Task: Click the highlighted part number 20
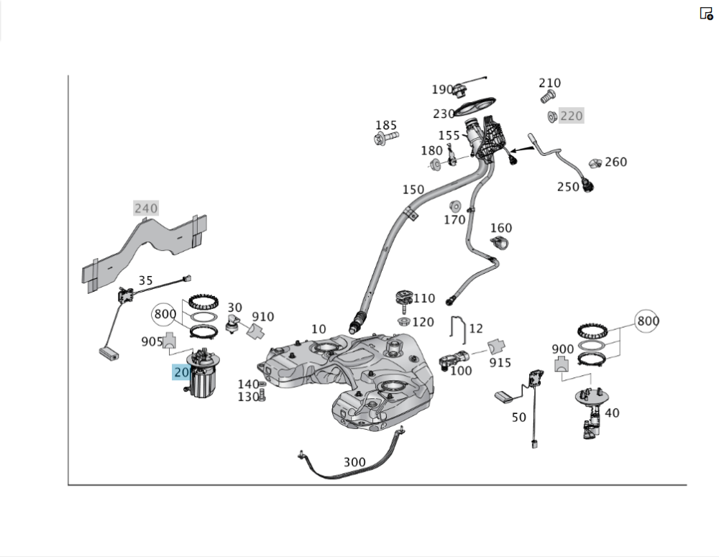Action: point(180,372)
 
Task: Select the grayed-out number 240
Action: point(146,208)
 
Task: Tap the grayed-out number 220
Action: point(572,116)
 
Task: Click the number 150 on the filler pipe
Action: point(413,190)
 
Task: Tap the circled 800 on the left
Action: point(165,314)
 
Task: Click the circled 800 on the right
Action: point(647,321)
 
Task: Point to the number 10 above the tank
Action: point(319,329)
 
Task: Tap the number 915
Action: point(500,363)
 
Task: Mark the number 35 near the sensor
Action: point(146,281)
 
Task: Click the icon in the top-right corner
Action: point(706,13)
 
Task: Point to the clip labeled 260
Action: point(595,165)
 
